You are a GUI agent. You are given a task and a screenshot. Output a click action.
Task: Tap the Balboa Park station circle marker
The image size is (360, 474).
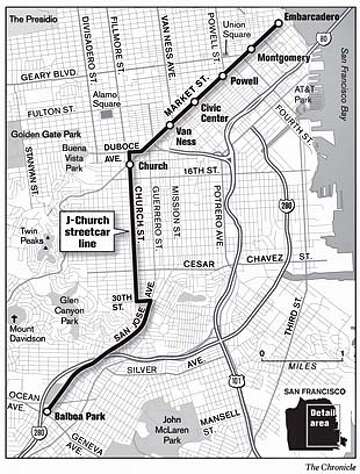tap(45, 410)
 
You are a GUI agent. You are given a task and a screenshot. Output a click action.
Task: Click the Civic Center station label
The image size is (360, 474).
tap(217, 109)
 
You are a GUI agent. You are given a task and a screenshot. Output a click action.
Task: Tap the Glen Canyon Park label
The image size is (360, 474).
tap(81, 304)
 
